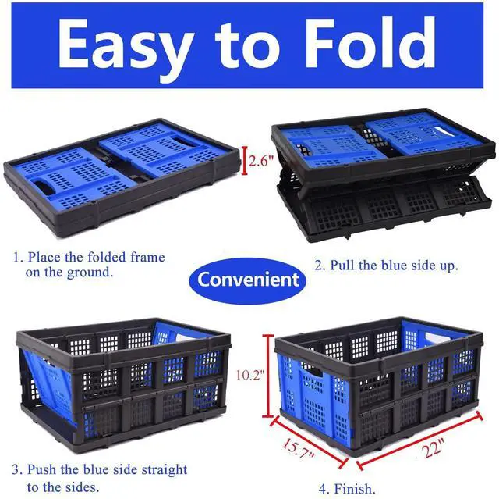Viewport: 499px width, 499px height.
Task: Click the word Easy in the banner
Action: coord(126,47)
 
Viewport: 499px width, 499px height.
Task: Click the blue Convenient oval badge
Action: coord(248,280)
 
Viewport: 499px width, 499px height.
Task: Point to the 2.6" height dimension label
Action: coord(261,161)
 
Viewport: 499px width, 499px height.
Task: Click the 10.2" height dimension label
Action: coord(250,375)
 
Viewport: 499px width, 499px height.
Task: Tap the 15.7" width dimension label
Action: coord(299,448)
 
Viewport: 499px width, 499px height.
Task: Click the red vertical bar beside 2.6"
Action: coord(244,160)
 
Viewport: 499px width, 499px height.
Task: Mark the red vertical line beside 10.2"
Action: coord(268,376)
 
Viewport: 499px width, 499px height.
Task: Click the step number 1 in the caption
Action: coord(17,257)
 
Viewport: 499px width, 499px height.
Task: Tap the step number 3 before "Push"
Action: coord(17,469)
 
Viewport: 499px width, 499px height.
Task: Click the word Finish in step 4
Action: coord(355,488)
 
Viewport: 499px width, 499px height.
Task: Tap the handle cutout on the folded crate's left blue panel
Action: coord(44,187)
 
